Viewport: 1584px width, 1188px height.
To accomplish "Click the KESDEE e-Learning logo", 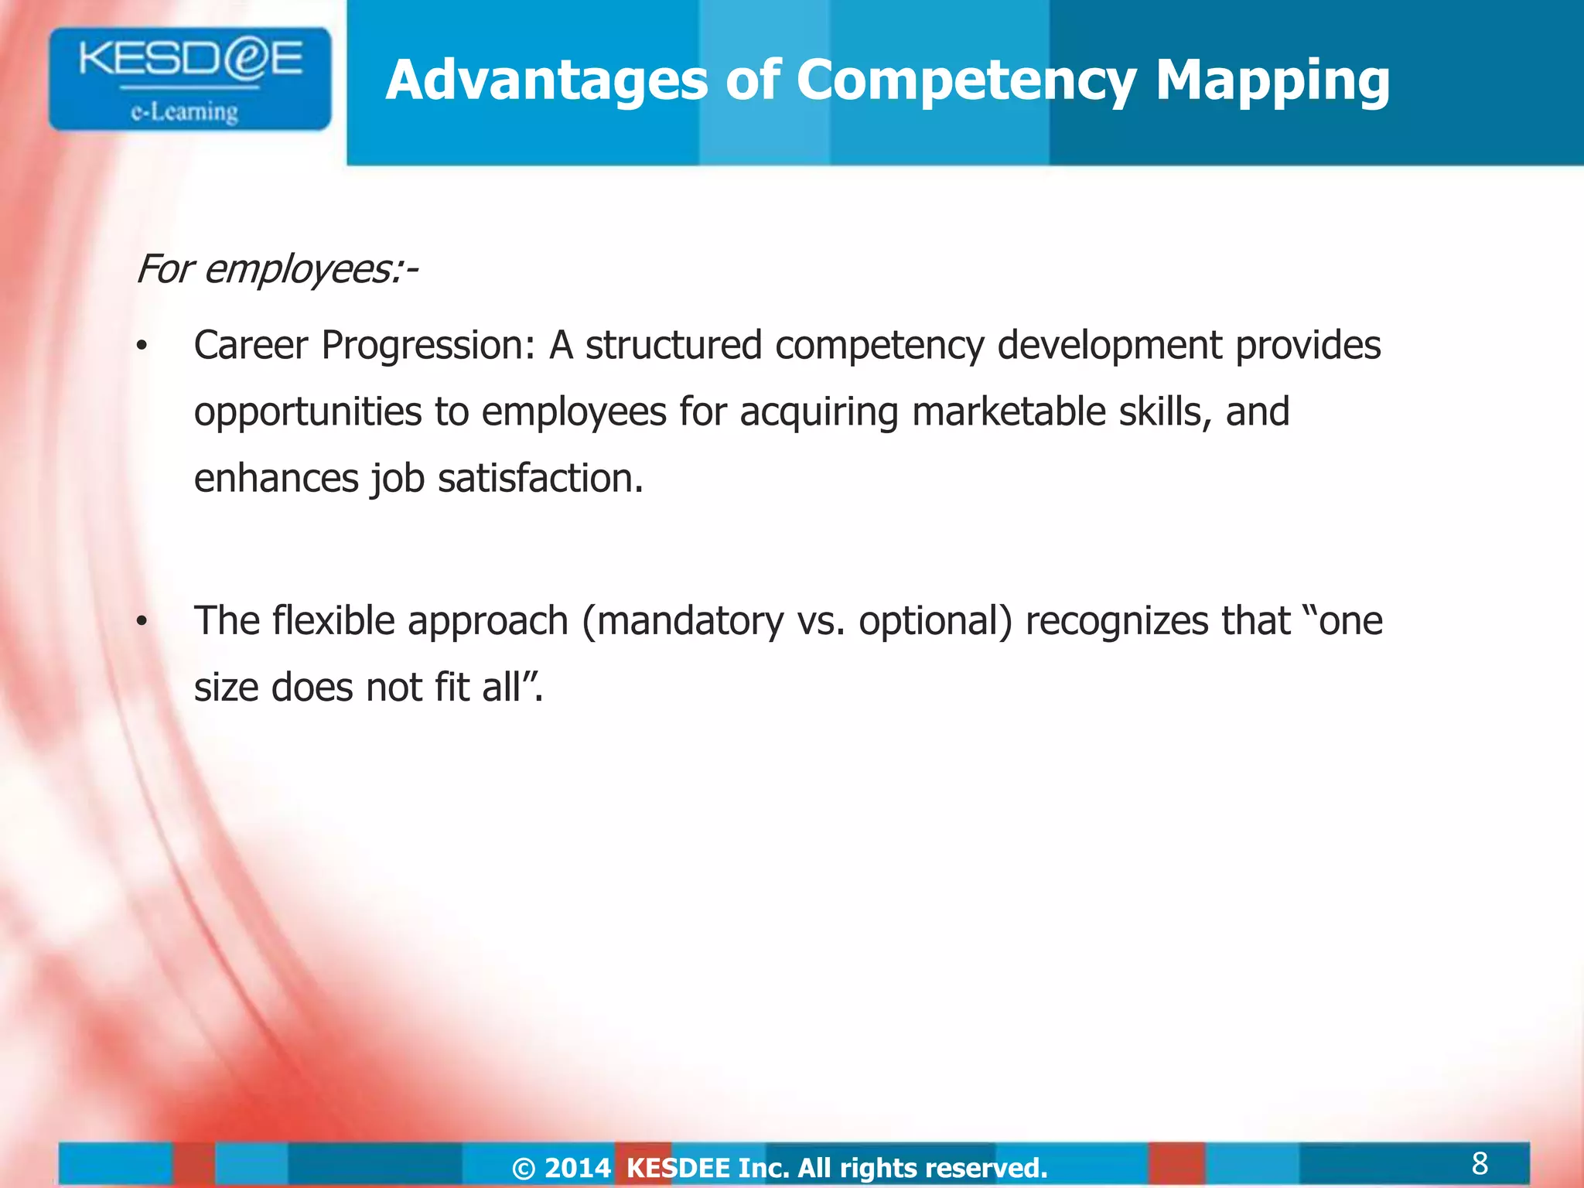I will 189,79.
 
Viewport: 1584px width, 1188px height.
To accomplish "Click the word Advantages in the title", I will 546,80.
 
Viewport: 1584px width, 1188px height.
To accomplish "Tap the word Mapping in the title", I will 1272,82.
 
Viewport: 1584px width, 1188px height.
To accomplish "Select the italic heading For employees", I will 277,270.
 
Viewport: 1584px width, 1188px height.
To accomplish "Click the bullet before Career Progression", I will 141,347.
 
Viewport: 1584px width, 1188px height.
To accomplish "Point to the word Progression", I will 428,346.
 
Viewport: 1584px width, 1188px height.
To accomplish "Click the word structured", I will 673,345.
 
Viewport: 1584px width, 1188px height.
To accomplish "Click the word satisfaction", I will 540,478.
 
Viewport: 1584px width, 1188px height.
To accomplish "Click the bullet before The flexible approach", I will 141,623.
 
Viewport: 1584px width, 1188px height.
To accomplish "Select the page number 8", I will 1479,1163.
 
